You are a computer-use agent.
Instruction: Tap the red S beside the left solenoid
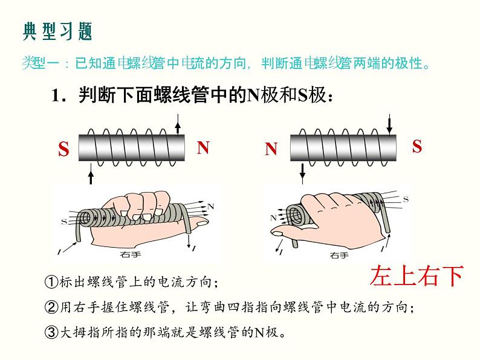(x=63, y=150)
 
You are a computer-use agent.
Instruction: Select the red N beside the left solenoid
(x=203, y=148)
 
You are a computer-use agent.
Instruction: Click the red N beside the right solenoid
(x=271, y=149)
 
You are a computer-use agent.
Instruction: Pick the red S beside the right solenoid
(x=417, y=146)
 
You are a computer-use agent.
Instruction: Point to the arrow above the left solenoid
(x=177, y=125)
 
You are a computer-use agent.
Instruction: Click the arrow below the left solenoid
(x=91, y=175)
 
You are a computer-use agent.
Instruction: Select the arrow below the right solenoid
(x=303, y=173)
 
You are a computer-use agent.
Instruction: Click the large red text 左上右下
(x=417, y=275)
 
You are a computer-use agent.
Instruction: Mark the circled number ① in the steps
(x=51, y=282)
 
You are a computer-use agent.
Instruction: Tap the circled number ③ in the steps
(x=51, y=332)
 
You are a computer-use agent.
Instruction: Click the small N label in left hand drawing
(x=210, y=206)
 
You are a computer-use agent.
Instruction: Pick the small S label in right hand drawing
(x=406, y=199)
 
